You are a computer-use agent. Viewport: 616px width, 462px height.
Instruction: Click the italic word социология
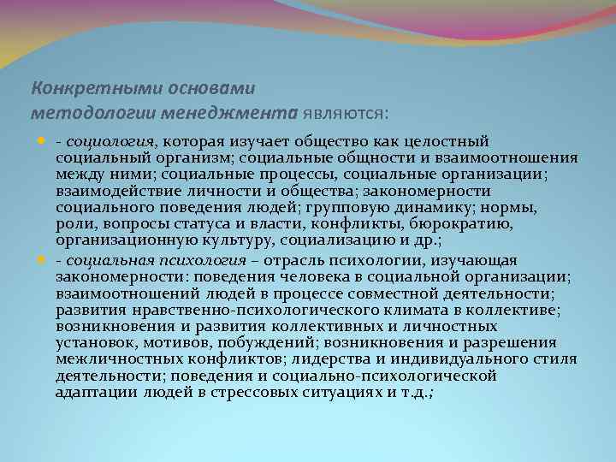point(110,141)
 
